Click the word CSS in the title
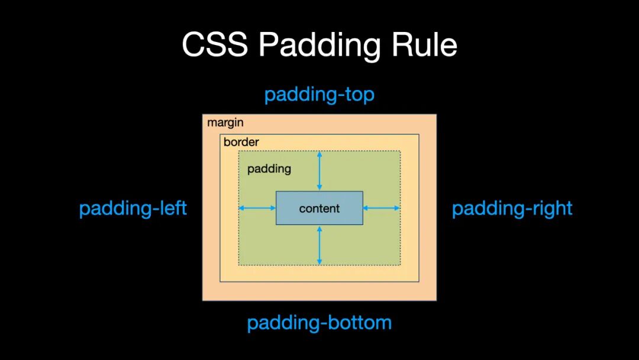(x=214, y=44)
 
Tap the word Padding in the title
(x=319, y=46)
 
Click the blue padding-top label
(x=319, y=95)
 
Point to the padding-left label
(x=133, y=208)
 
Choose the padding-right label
(x=512, y=208)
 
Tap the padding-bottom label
(x=319, y=323)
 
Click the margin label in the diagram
(x=225, y=123)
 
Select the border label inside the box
(x=241, y=142)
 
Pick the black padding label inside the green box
(x=269, y=169)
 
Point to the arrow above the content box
(x=319, y=171)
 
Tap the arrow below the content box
(x=319, y=245)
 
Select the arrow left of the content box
(x=257, y=208)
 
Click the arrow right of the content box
(x=382, y=208)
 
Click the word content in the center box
(x=319, y=208)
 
